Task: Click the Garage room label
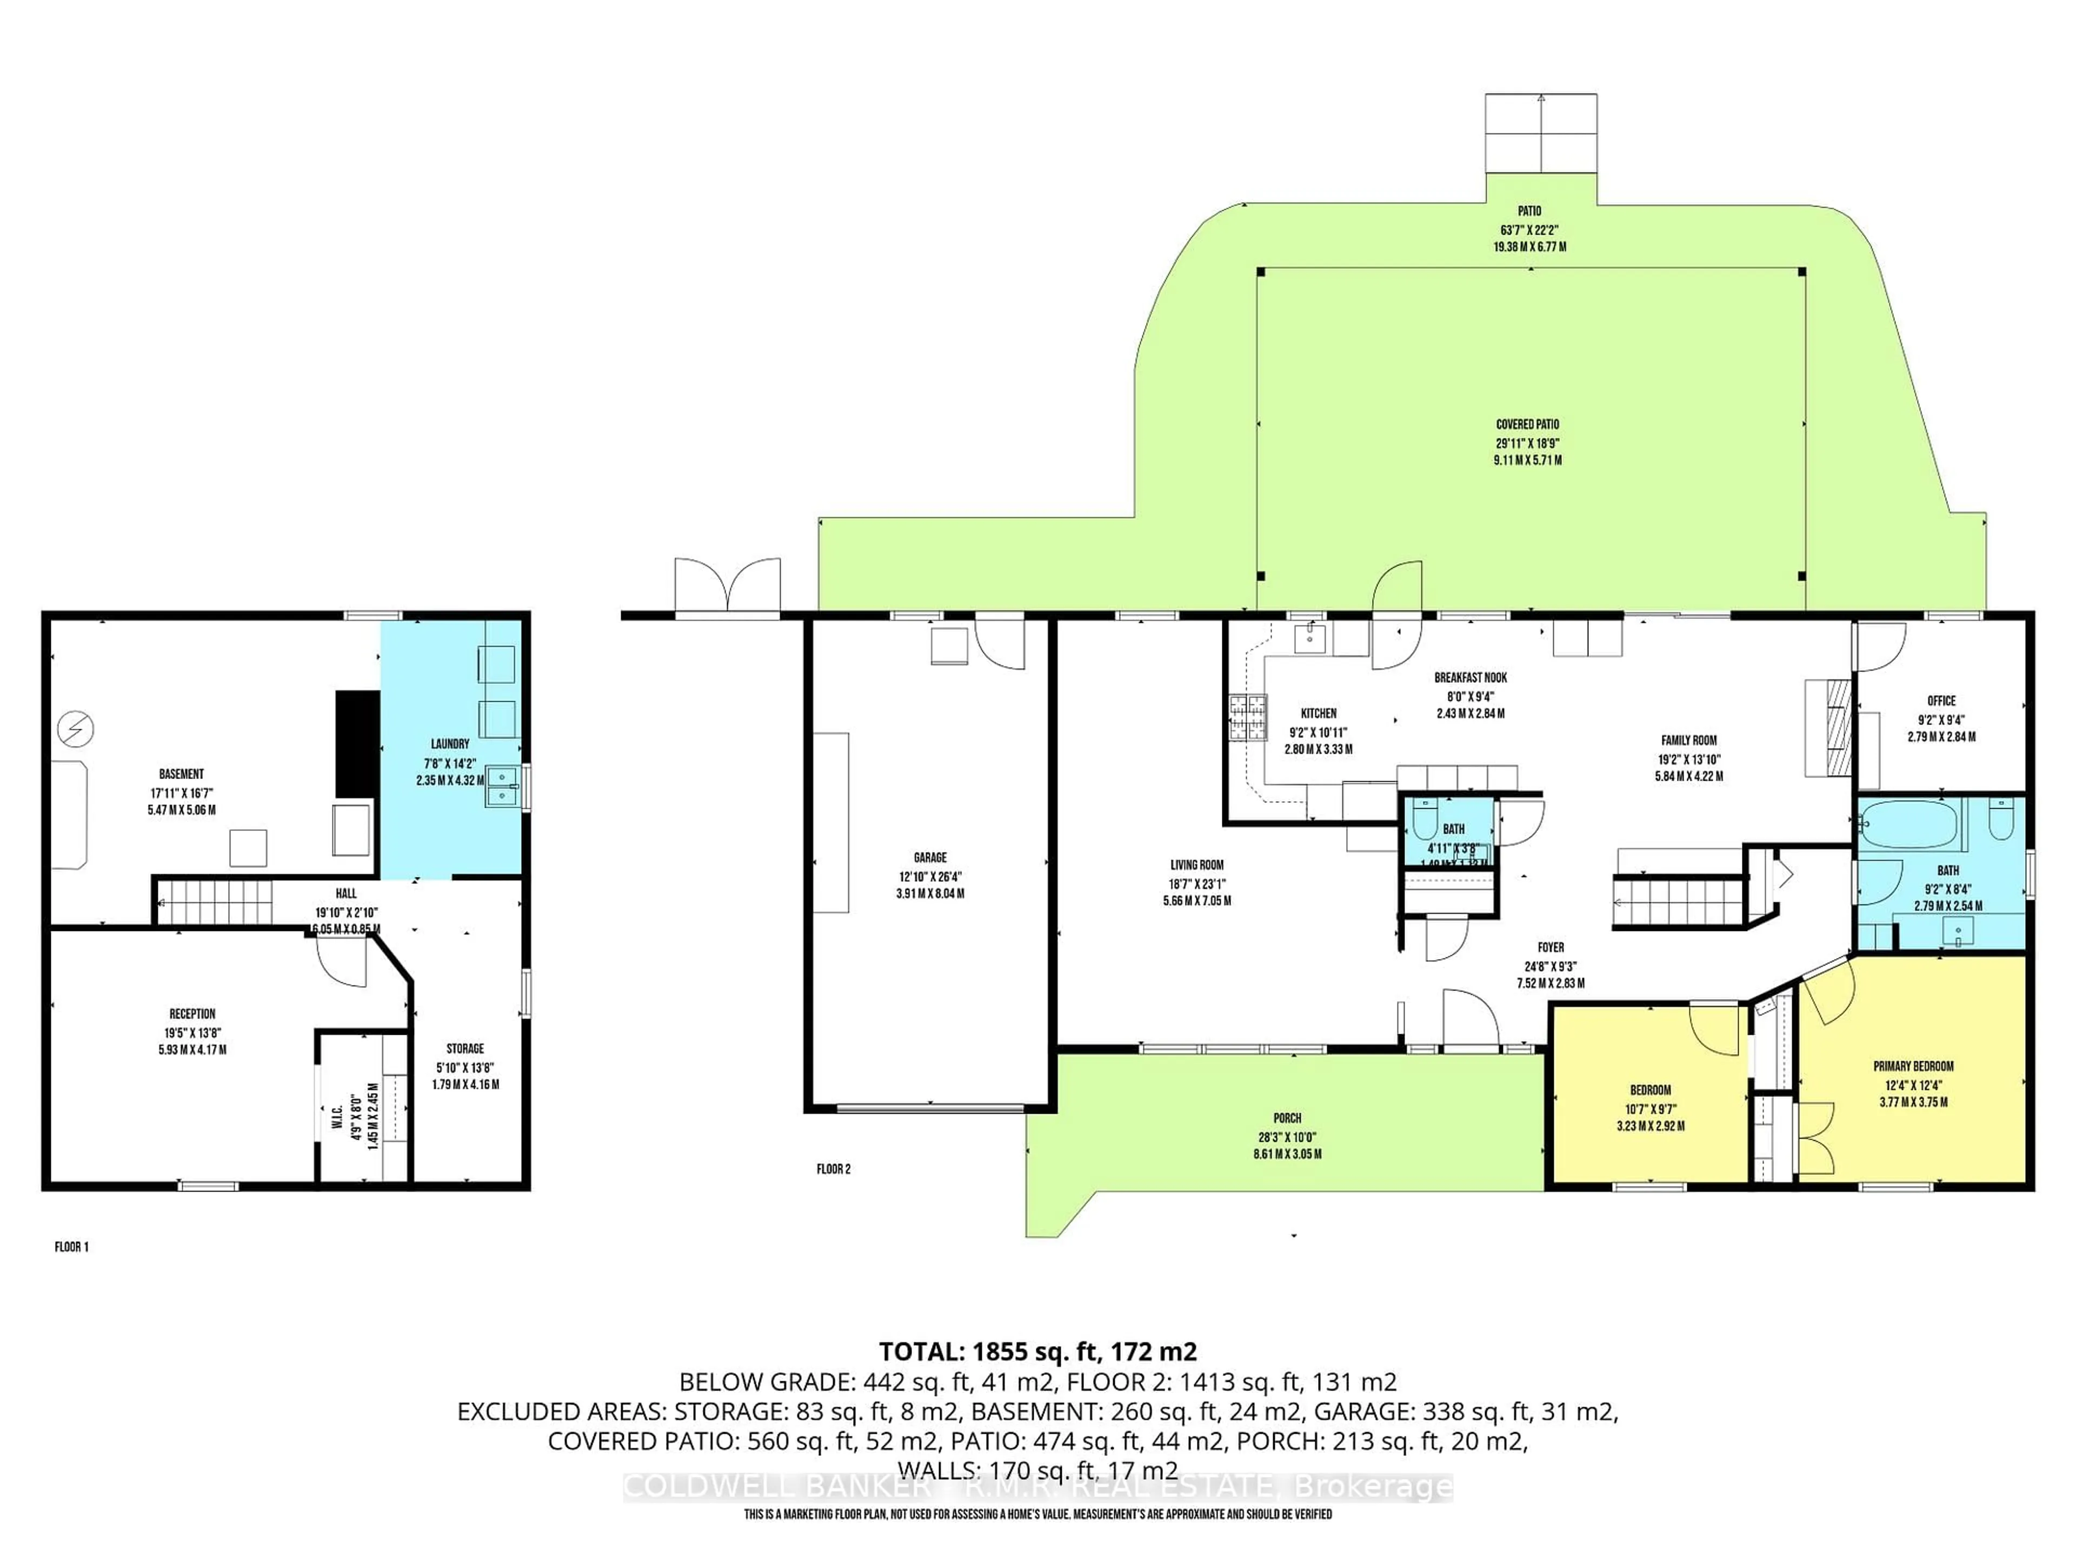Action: pyautogui.click(x=929, y=857)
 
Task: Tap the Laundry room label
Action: pyautogui.click(x=450, y=743)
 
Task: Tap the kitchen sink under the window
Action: pyautogui.click(x=1309, y=638)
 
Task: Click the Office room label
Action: pyautogui.click(x=1941, y=700)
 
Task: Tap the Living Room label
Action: pyautogui.click(x=1196, y=864)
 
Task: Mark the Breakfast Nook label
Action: pyautogui.click(x=1470, y=677)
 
